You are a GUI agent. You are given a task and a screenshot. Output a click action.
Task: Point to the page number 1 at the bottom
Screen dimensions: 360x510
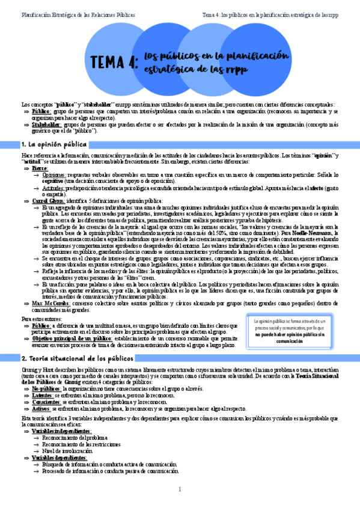tap(180, 489)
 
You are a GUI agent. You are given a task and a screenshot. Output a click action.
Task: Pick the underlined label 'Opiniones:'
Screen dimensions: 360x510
tap(55, 175)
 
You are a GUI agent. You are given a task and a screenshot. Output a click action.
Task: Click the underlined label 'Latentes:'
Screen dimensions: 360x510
tap(43, 395)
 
